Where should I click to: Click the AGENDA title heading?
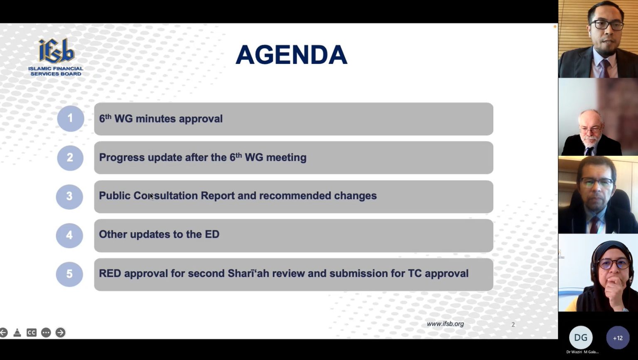pos(291,55)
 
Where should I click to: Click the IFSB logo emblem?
pos(56,51)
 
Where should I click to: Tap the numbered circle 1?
pos(70,118)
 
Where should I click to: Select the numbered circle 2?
pos(70,158)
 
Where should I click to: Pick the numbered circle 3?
pos(69,196)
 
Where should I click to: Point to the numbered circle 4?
pos(69,235)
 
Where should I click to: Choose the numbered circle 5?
pos(69,274)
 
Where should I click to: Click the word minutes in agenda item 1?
pos(155,119)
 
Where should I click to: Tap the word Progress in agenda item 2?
pos(122,157)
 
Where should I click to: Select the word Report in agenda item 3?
pos(218,196)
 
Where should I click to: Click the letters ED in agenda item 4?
pos(212,235)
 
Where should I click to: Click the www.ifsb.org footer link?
pos(445,324)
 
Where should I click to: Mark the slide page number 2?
pos(513,325)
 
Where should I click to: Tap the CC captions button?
pos(32,332)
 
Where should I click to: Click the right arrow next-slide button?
pos(60,332)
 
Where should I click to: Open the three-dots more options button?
pos(46,332)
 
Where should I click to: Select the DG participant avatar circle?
pos(581,338)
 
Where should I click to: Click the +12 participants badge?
pos(618,338)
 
